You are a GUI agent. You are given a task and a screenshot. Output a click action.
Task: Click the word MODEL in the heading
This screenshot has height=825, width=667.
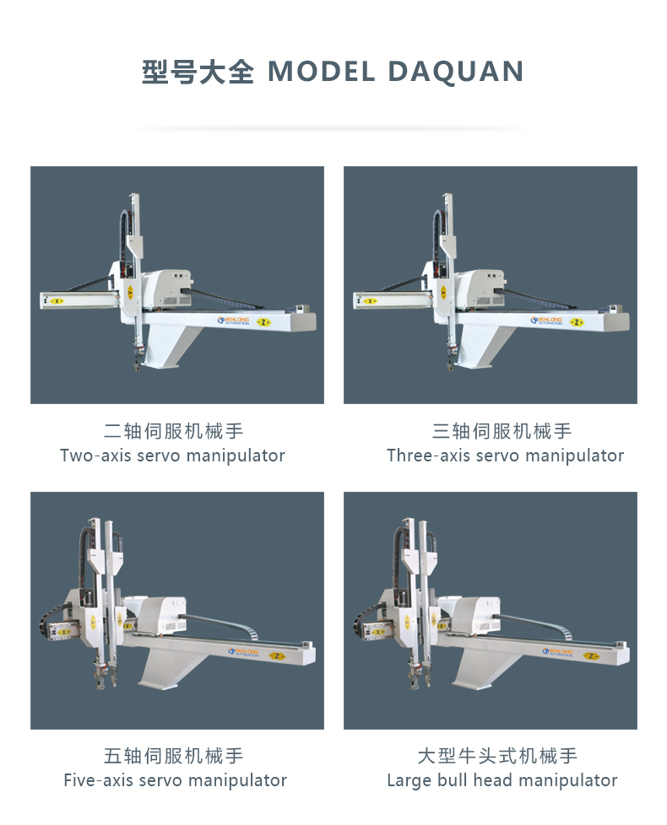pyautogui.click(x=321, y=72)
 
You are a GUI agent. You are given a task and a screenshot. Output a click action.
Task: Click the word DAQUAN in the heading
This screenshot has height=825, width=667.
pyautogui.click(x=455, y=72)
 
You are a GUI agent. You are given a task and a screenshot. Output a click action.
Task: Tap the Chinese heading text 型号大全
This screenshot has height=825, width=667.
pyautogui.click(x=198, y=72)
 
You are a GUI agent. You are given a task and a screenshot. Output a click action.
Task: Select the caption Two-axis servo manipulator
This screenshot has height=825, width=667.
pyautogui.click(x=173, y=456)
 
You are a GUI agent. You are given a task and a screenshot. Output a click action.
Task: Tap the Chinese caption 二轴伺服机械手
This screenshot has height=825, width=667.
pyautogui.click(x=173, y=431)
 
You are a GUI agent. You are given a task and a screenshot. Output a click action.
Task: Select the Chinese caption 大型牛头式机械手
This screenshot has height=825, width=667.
pyautogui.click(x=497, y=756)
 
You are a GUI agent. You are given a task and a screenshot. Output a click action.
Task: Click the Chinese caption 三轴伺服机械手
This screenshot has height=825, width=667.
pyautogui.click(x=502, y=431)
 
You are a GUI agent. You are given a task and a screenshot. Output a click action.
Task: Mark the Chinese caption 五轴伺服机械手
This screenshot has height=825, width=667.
pyautogui.click(x=173, y=756)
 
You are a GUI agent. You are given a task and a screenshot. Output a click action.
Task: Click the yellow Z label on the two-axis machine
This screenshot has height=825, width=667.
pyautogui.click(x=263, y=322)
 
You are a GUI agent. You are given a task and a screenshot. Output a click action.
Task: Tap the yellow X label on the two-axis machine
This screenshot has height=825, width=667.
pyautogui.click(x=57, y=301)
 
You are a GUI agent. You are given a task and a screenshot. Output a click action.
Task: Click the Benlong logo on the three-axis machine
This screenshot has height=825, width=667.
pyautogui.click(x=546, y=321)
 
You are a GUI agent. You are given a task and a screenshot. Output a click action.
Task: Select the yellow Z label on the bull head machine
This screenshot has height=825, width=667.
pyautogui.click(x=591, y=655)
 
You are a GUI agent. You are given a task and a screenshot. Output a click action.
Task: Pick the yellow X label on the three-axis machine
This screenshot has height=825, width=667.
pyautogui.click(x=371, y=301)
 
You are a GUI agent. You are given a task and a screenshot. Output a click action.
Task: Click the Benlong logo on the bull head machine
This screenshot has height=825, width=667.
pyautogui.click(x=557, y=652)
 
